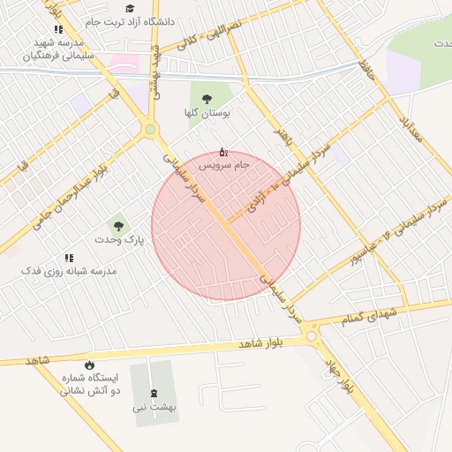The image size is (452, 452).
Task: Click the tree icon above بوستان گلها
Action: tap(207, 100)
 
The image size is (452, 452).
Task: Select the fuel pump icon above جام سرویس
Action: tap(222, 152)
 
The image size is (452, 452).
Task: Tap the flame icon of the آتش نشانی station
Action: tap(89, 365)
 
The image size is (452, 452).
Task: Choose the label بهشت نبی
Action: tap(154, 408)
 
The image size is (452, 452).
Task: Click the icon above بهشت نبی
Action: tap(154, 394)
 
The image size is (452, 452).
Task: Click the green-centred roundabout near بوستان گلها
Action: tap(150, 130)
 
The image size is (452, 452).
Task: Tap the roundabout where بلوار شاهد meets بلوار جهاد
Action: tap(311, 335)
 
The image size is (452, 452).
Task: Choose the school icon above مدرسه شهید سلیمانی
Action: tap(58, 29)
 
